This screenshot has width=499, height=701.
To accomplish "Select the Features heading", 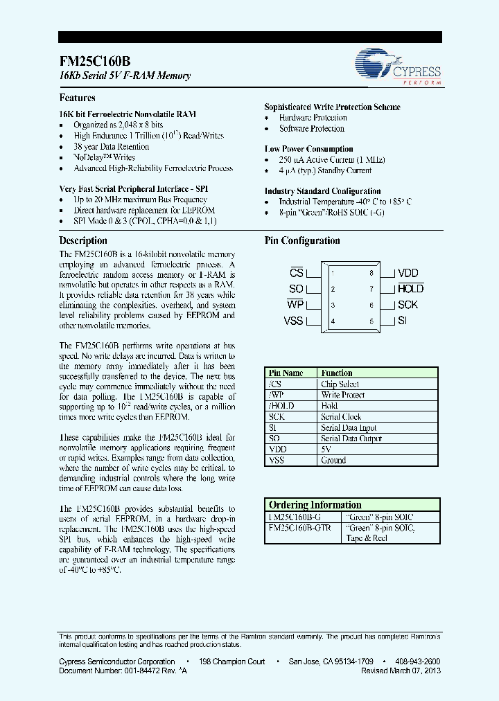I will coord(77,98).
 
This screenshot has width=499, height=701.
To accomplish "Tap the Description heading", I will coord(83,240).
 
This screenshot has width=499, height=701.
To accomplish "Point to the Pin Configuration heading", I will coord(302,241).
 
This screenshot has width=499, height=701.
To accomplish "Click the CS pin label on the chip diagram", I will coord(296,273).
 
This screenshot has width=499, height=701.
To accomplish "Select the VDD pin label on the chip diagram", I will coord(408,274).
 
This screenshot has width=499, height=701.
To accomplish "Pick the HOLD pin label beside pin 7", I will coord(410,289).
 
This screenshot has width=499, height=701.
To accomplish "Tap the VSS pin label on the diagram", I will coord(294,321).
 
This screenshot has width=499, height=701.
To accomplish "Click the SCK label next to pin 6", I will coord(408,305).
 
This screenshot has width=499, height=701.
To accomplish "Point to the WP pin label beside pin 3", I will coord(295,305).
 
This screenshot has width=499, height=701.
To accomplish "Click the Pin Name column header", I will coord(286,373).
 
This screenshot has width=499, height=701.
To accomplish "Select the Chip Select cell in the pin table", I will coord(340,384).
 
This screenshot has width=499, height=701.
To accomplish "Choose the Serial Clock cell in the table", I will coord(341,417).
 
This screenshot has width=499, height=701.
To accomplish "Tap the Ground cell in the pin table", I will coord(333,460).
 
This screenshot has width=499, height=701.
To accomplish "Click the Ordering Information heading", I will coord(315,505).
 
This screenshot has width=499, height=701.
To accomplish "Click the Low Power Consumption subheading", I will coord(308,149).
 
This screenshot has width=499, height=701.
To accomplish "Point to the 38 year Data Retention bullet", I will coord(112,147).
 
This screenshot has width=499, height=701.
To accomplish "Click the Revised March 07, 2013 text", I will coord(401,671).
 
